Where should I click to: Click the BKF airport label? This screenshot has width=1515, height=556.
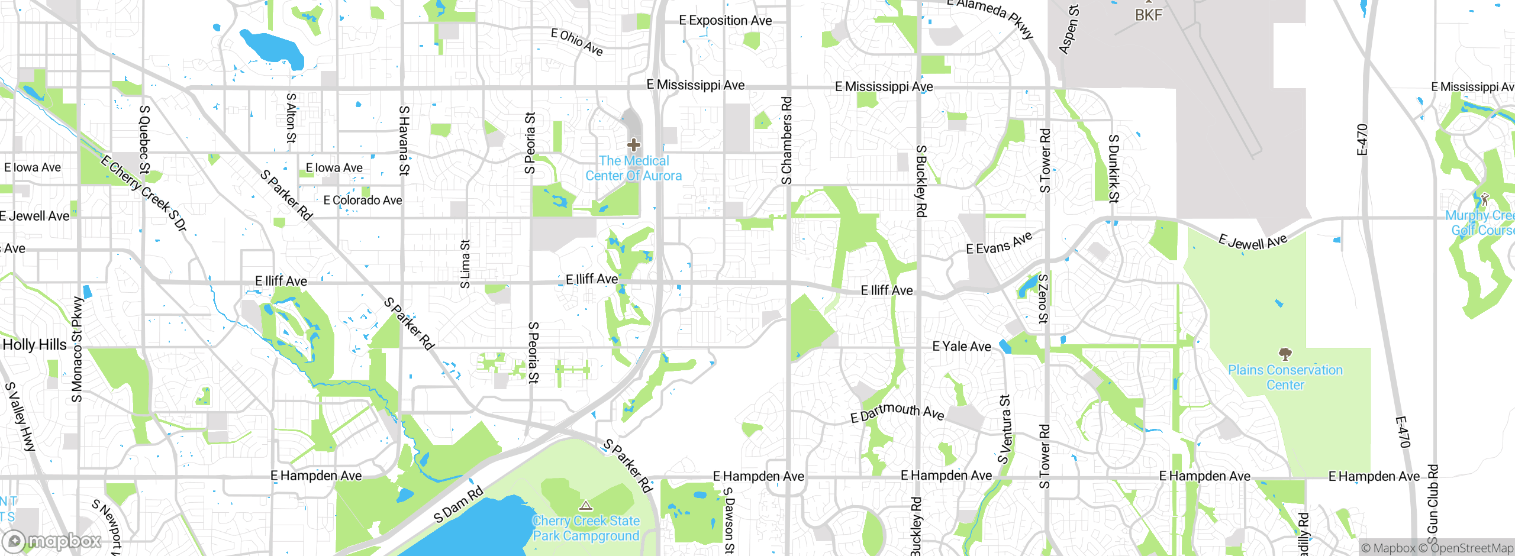(x=1149, y=15)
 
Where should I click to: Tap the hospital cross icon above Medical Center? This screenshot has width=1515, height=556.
(x=634, y=144)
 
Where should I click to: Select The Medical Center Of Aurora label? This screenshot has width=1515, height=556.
(x=634, y=169)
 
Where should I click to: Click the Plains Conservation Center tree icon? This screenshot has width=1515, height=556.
(x=1285, y=354)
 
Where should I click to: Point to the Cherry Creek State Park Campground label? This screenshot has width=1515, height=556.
(x=586, y=528)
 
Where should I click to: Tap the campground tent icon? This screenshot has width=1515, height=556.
(x=586, y=506)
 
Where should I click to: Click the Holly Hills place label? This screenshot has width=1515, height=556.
(x=34, y=345)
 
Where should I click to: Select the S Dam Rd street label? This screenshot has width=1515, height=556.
(x=459, y=505)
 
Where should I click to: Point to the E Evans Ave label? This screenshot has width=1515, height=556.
(x=999, y=243)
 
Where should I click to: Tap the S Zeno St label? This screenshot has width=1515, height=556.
(x=1043, y=299)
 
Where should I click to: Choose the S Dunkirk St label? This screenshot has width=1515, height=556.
(x=1113, y=169)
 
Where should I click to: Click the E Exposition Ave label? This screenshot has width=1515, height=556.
(x=725, y=21)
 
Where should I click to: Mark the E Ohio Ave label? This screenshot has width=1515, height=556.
(x=577, y=42)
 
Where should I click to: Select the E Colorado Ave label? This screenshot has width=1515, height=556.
(x=363, y=201)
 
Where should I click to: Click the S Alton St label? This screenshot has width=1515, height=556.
(x=291, y=118)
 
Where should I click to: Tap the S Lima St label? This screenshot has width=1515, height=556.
(x=465, y=264)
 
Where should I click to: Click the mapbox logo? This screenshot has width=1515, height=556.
(x=52, y=541)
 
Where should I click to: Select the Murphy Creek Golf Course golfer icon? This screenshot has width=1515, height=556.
(x=1485, y=199)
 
